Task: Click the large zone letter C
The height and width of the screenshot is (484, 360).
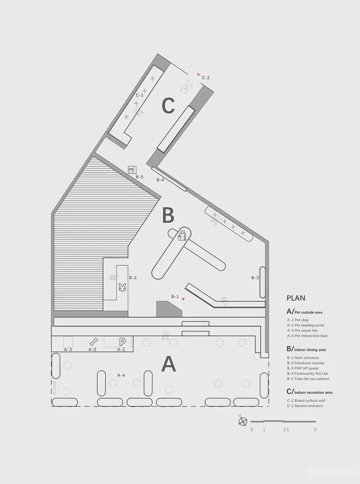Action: pos(168,106)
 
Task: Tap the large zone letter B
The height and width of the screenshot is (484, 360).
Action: pos(168,215)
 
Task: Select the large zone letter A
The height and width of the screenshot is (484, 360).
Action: pos(169,364)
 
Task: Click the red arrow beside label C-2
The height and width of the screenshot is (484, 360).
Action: pos(198,75)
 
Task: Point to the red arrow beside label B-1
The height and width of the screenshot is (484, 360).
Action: pos(184,299)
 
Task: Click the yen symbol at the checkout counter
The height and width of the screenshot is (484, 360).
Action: pos(122,287)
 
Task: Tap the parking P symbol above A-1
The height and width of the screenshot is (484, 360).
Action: pos(122,342)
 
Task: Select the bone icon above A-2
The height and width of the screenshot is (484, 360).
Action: pos(94,342)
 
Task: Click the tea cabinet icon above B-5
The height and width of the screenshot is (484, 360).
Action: pos(132,170)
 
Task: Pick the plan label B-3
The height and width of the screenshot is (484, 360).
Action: pos(255,278)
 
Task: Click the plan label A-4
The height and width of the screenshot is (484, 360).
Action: pos(121,375)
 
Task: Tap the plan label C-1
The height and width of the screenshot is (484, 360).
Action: pos(139,95)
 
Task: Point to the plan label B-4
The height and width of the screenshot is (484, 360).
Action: pos(160,179)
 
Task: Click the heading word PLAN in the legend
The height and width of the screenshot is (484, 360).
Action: pos(296,298)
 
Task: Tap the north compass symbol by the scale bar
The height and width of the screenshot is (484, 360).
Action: pos(243,421)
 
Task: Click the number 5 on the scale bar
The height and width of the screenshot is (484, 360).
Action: pos(315,430)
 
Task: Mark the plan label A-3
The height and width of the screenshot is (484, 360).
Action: pos(68,350)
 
